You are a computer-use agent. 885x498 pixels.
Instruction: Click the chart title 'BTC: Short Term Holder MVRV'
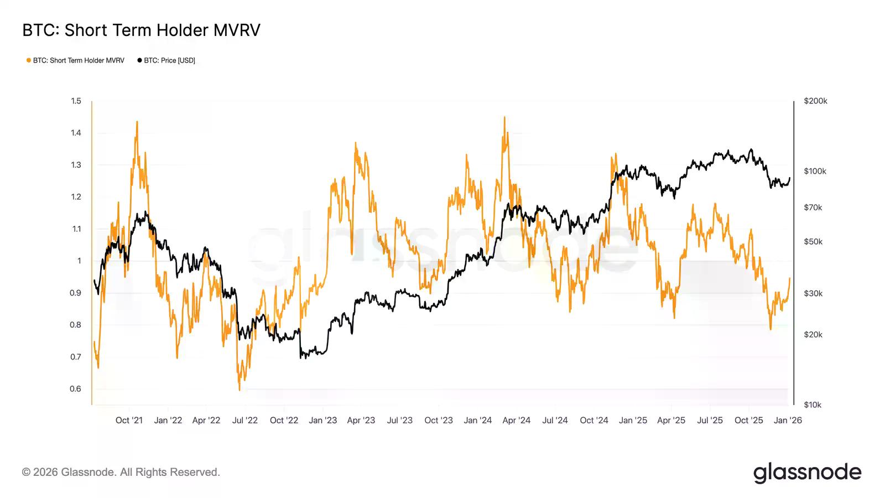coord(141,30)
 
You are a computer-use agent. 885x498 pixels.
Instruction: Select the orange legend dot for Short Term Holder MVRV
coord(29,60)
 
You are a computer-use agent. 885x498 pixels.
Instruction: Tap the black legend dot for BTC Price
coord(139,60)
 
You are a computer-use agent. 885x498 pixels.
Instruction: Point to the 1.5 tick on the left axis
coord(76,101)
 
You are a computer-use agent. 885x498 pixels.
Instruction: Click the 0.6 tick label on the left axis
coord(76,388)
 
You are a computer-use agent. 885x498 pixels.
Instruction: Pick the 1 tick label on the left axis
coord(79,261)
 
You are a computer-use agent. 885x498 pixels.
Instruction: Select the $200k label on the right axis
coord(815,101)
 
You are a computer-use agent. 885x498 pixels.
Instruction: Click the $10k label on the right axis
coord(813,404)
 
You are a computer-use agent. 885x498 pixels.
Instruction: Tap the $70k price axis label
coord(813,207)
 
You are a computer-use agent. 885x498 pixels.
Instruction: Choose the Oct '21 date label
coord(129,421)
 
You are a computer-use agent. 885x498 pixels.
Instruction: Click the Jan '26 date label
coord(788,421)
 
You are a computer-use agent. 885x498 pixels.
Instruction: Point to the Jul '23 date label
coord(399,421)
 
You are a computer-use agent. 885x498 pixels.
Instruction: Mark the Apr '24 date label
coord(516,421)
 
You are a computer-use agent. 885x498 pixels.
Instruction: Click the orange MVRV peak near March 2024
coord(504,117)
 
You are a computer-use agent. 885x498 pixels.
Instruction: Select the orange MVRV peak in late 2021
coord(137,122)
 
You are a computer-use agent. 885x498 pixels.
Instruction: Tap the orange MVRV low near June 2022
coord(240,390)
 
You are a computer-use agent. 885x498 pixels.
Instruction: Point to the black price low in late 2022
coord(301,358)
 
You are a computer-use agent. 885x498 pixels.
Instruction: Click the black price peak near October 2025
coord(751,149)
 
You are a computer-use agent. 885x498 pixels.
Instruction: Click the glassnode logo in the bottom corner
coord(807,473)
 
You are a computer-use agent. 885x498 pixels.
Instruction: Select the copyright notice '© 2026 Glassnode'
coord(121,472)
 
